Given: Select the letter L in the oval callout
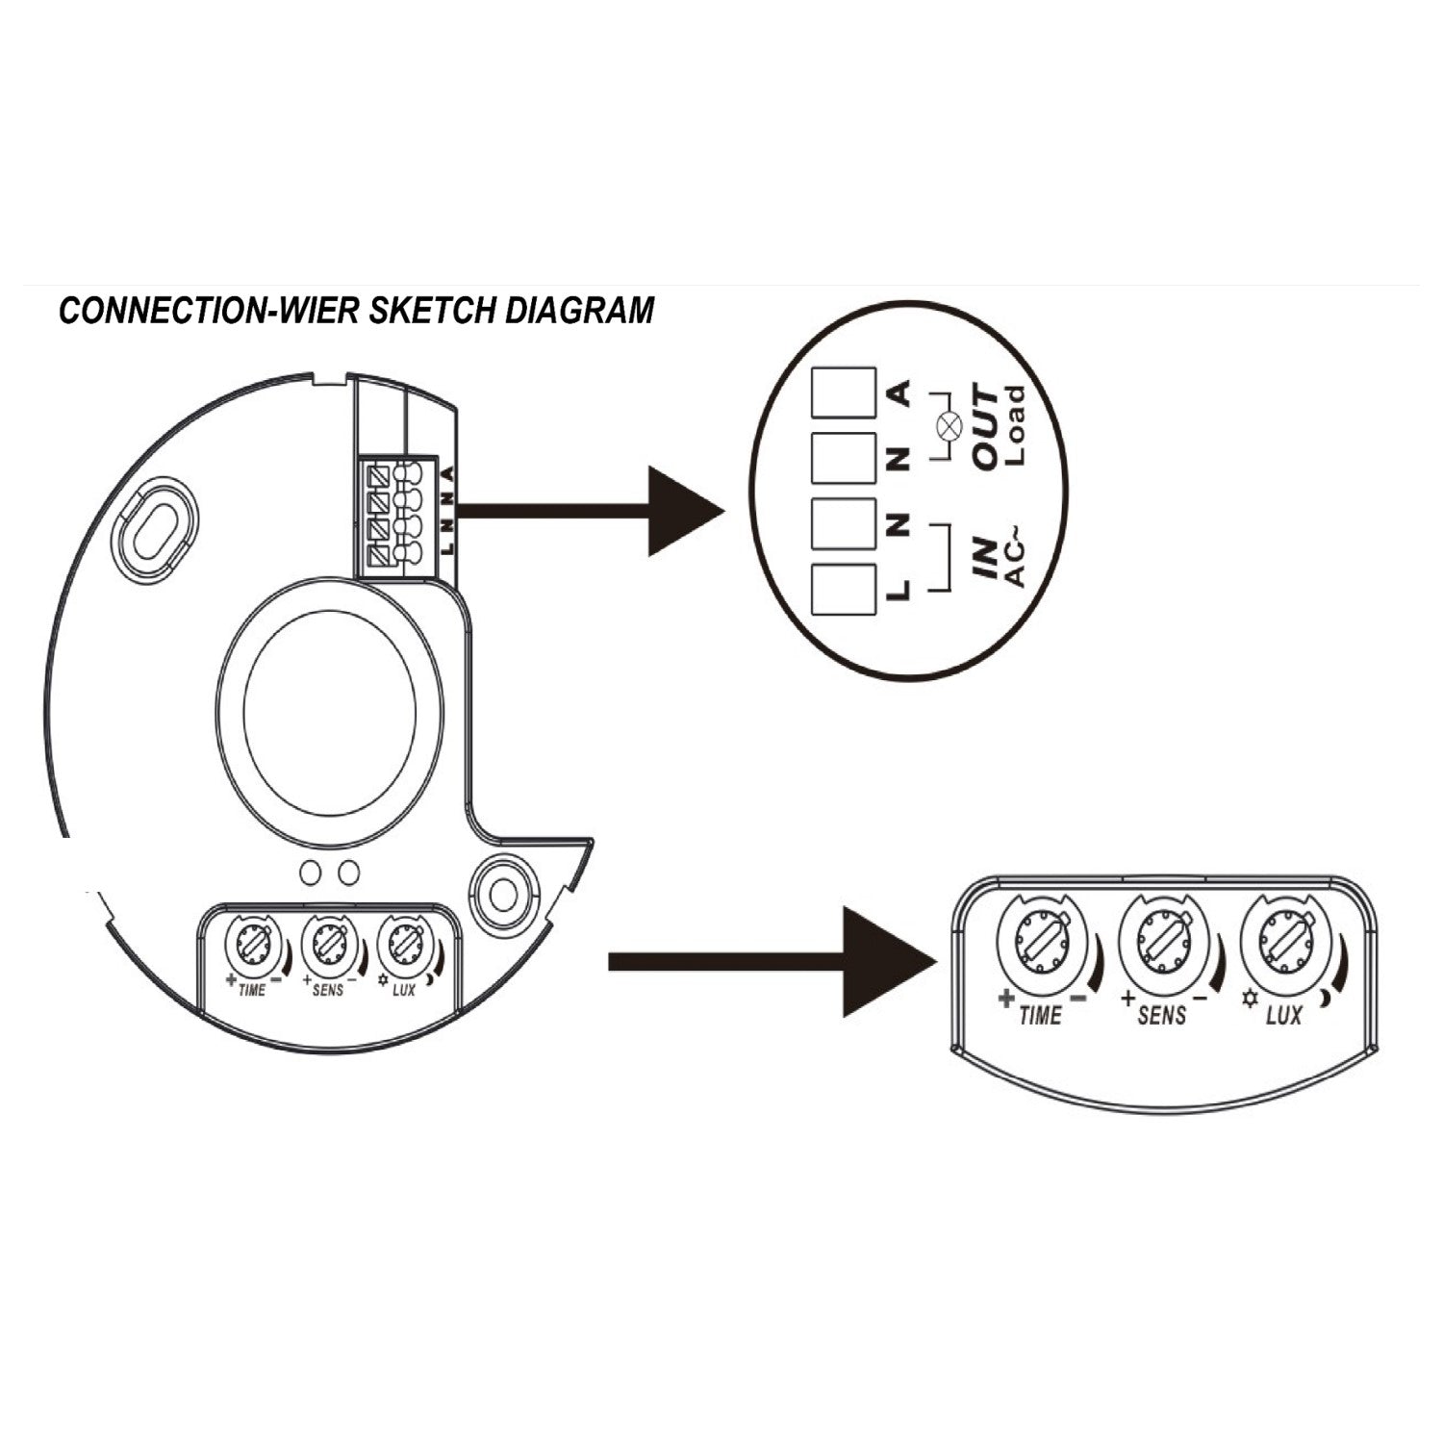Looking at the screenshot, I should click(x=899, y=587).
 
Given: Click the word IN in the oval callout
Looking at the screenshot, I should click(x=985, y=559).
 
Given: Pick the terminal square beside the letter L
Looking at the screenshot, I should click(x=843, y=589).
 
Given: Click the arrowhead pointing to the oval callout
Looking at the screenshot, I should click(x=683, y=511).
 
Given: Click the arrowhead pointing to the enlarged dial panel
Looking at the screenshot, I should click(x=885, y=961).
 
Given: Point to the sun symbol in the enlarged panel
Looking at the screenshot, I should click(x=1250, y=1001).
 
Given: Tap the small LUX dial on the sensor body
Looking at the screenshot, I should click(x=400, y=947).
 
